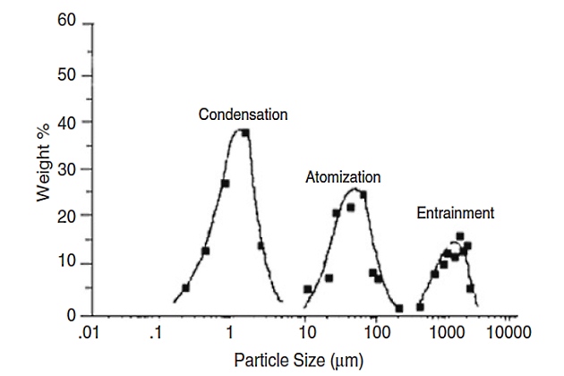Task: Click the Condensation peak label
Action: point(243,115)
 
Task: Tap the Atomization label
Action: point(343,177)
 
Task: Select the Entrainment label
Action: point(455,213)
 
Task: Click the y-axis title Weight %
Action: point(44,166)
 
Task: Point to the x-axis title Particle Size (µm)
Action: point(298,361)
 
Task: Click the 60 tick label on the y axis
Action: point(65,21)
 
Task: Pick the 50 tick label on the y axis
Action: point(65,75)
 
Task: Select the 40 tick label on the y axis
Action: point(65,122)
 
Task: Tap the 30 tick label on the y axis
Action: point(65,169)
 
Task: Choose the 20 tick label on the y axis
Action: point(65,216)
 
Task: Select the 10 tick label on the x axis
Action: point(306,333)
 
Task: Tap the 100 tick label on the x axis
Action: point(376,333)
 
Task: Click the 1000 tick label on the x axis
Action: point(446,333)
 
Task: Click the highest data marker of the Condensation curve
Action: point(244,132)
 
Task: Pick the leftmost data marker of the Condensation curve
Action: point(185,288)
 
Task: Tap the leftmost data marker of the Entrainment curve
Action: point(419,307)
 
